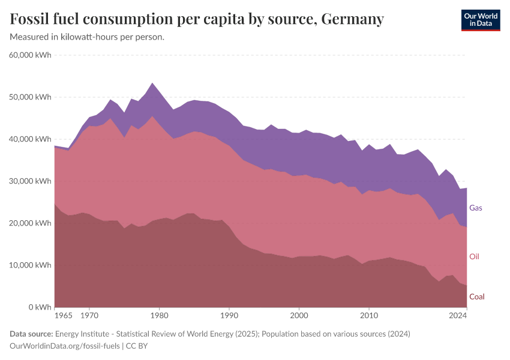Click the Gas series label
(475, 208)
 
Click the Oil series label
(474, 257)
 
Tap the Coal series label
(476, 296)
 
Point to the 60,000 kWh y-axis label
(31, 55)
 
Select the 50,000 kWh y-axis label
(31, 97)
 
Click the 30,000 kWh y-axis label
(31, 181)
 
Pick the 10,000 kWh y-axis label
(31, 265)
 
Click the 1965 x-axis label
(62, 315)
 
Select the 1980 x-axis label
(159, 315)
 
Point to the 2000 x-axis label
(298, 315)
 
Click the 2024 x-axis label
(458, 315)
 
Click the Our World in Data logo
(480, 20)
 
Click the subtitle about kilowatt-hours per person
(87, 37)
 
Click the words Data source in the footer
(31, 334)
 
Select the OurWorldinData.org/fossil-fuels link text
(65, 346)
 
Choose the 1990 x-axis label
(229, 315)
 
